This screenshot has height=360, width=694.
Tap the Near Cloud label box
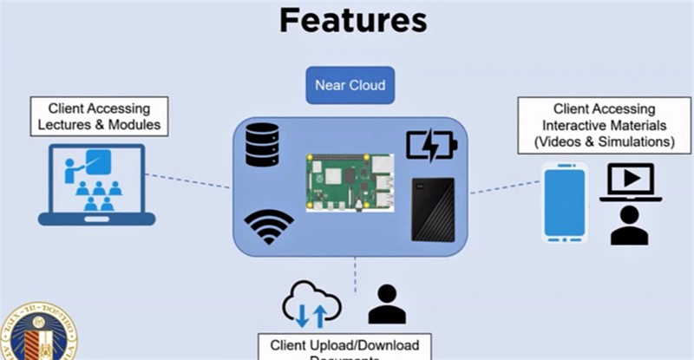(350, 86)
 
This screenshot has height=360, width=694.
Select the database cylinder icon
(262, 145)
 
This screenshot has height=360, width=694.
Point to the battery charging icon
(431, 146)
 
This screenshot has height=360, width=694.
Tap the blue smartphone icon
(565, 202)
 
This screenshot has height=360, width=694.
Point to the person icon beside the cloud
(387, 304)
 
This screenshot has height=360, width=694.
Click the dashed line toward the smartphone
(499, 187)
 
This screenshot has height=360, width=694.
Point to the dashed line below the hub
(354, 274)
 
